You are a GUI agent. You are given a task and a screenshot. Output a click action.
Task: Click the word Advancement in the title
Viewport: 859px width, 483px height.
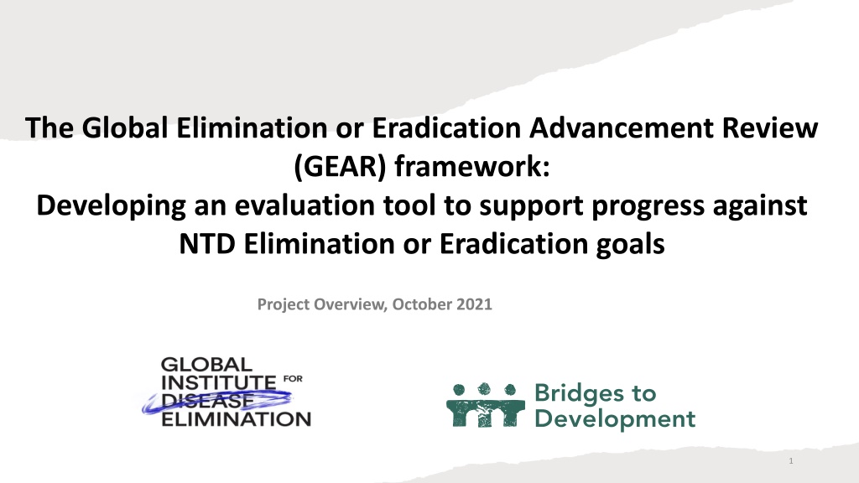622,127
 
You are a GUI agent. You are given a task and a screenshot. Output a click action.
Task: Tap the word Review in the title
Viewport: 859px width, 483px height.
770,127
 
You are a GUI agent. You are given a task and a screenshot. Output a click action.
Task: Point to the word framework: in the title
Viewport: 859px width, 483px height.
471,167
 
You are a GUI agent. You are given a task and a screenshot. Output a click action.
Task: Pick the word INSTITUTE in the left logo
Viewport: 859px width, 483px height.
219,382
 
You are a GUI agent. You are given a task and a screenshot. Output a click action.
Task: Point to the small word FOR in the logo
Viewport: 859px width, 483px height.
293,378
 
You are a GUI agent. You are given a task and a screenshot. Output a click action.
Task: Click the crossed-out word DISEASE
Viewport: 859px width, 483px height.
208,401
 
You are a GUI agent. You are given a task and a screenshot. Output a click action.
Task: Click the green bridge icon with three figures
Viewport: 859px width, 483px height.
486,405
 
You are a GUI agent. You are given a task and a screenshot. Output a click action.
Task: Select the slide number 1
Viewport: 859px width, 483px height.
791,461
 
